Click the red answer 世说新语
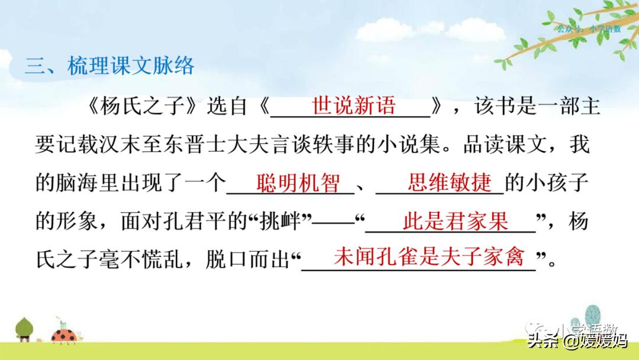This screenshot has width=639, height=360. click(x=353, y=107)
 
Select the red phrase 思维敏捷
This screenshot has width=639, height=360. click(x=449, y=184)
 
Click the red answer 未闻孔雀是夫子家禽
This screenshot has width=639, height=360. click(x=429, y=257)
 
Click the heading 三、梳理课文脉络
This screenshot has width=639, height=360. click(x=110, y=65)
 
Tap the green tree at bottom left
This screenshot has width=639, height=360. click(x=24, y=329)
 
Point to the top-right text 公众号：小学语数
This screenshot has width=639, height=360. click(x=589, y=28)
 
